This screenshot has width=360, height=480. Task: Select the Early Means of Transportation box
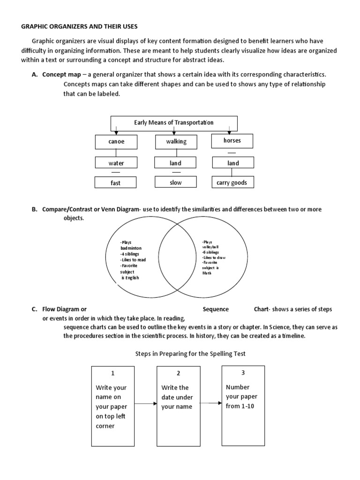pos(174,123)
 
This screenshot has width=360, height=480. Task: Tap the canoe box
pos(116,142)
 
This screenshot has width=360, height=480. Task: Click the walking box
pos(176,142)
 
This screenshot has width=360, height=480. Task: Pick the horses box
pos(233,140)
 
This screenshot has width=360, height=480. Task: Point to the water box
pos(116,163)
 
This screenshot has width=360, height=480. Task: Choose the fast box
pos(116,183)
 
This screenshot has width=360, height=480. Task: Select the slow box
pos(176,182)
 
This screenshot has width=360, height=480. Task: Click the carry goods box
pos(233,182)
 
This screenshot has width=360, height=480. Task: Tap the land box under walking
pos(176,163)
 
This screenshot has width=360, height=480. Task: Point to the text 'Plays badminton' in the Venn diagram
pos(131,245)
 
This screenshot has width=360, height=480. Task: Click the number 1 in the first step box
pos(112,373)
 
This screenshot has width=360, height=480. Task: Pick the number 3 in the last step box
pos(243,372)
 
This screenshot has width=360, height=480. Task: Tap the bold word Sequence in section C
pos(216,309)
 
